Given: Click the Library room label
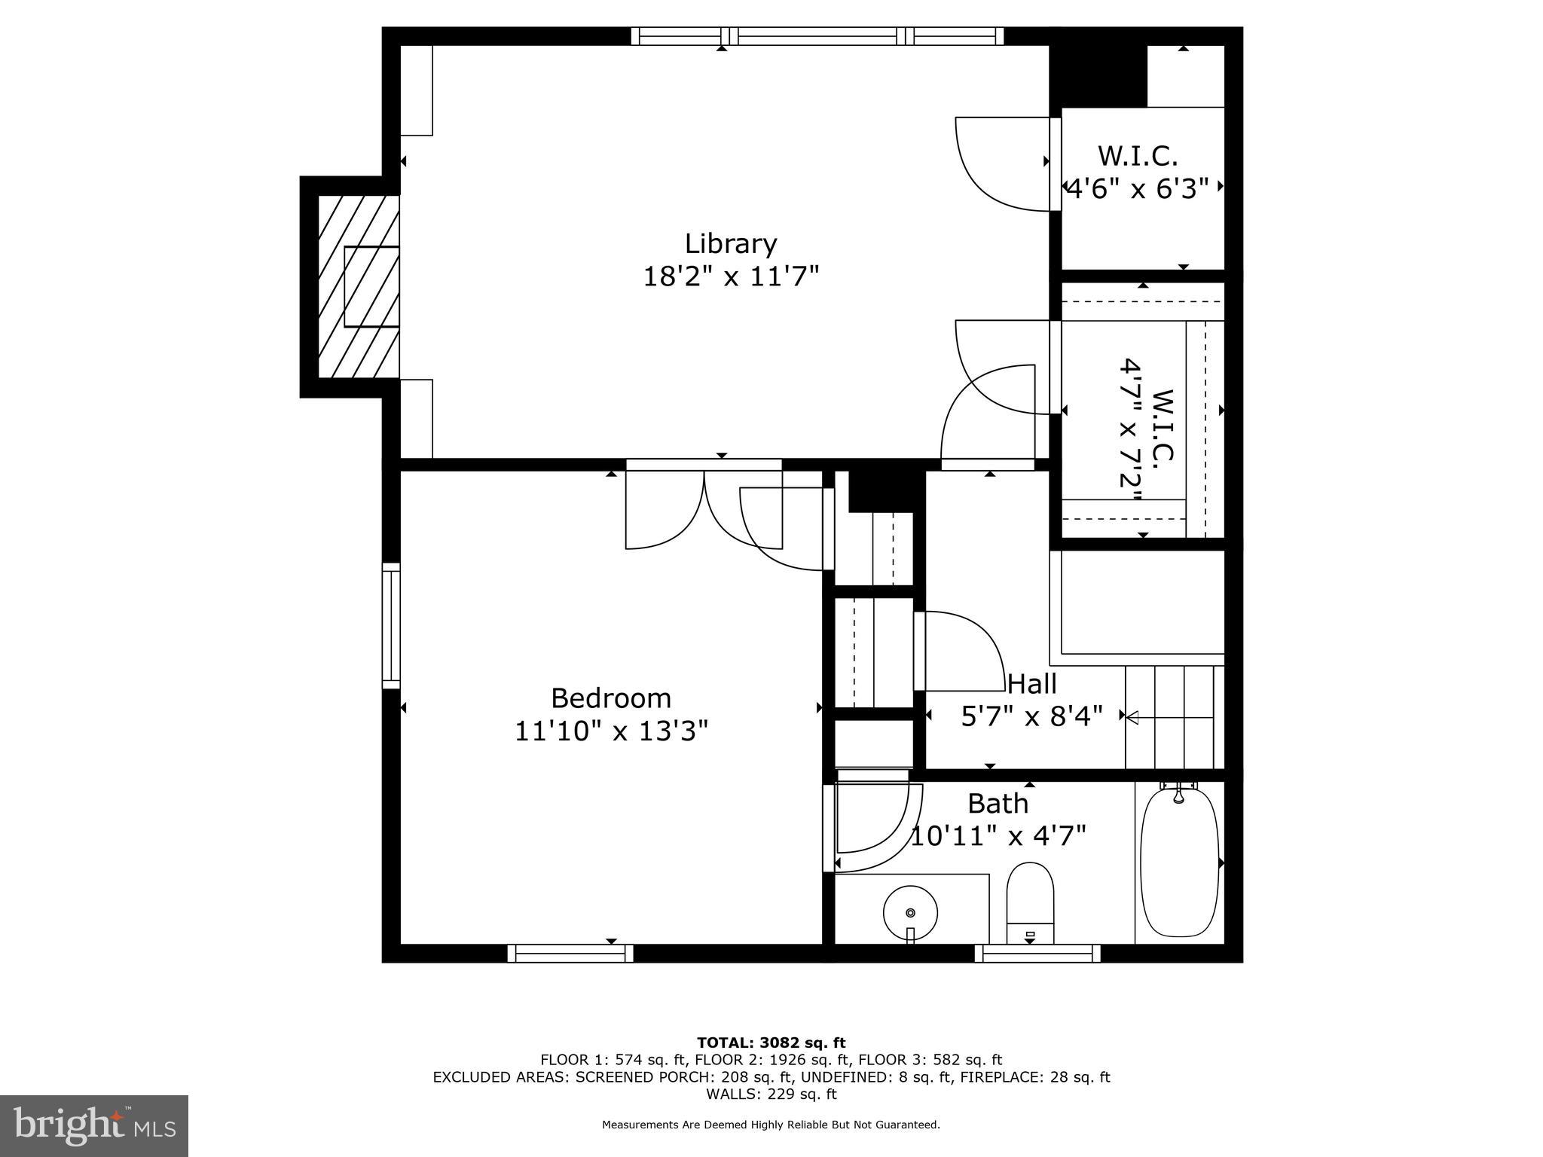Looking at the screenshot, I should (x=730, y=244).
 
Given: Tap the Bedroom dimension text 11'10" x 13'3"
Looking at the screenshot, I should (x=611, y=731).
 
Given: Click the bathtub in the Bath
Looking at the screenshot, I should (x=1179, y=862).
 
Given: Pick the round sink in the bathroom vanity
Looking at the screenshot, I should (x=910, y=912).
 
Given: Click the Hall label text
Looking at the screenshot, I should (x=1031, y=684).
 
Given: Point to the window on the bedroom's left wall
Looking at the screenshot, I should (x=391, y=625).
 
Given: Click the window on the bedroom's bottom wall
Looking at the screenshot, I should (x=570, y=954).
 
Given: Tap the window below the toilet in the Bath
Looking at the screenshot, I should (x=1037, y=954).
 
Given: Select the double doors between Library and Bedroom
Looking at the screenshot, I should (x=704, y=509).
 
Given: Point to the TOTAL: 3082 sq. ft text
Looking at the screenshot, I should (x=771, y=1043).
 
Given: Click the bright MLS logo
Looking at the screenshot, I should (x=94, y=1125).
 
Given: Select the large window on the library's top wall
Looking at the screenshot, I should (x=817, y=36).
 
